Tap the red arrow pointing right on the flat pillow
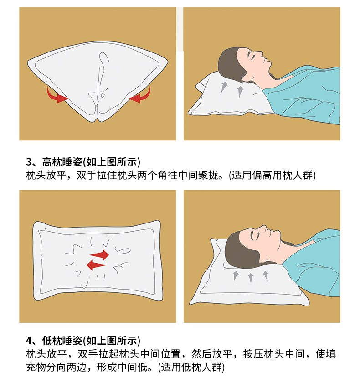pos(100,255)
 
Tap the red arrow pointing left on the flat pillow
pos(96,265)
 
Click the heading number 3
pos(29,162)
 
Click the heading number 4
pos(29,341)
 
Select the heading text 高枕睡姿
pos(62,162)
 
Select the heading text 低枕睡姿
pos(62,341)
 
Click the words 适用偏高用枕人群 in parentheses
pos(272,176)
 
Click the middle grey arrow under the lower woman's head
pos(251,278)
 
